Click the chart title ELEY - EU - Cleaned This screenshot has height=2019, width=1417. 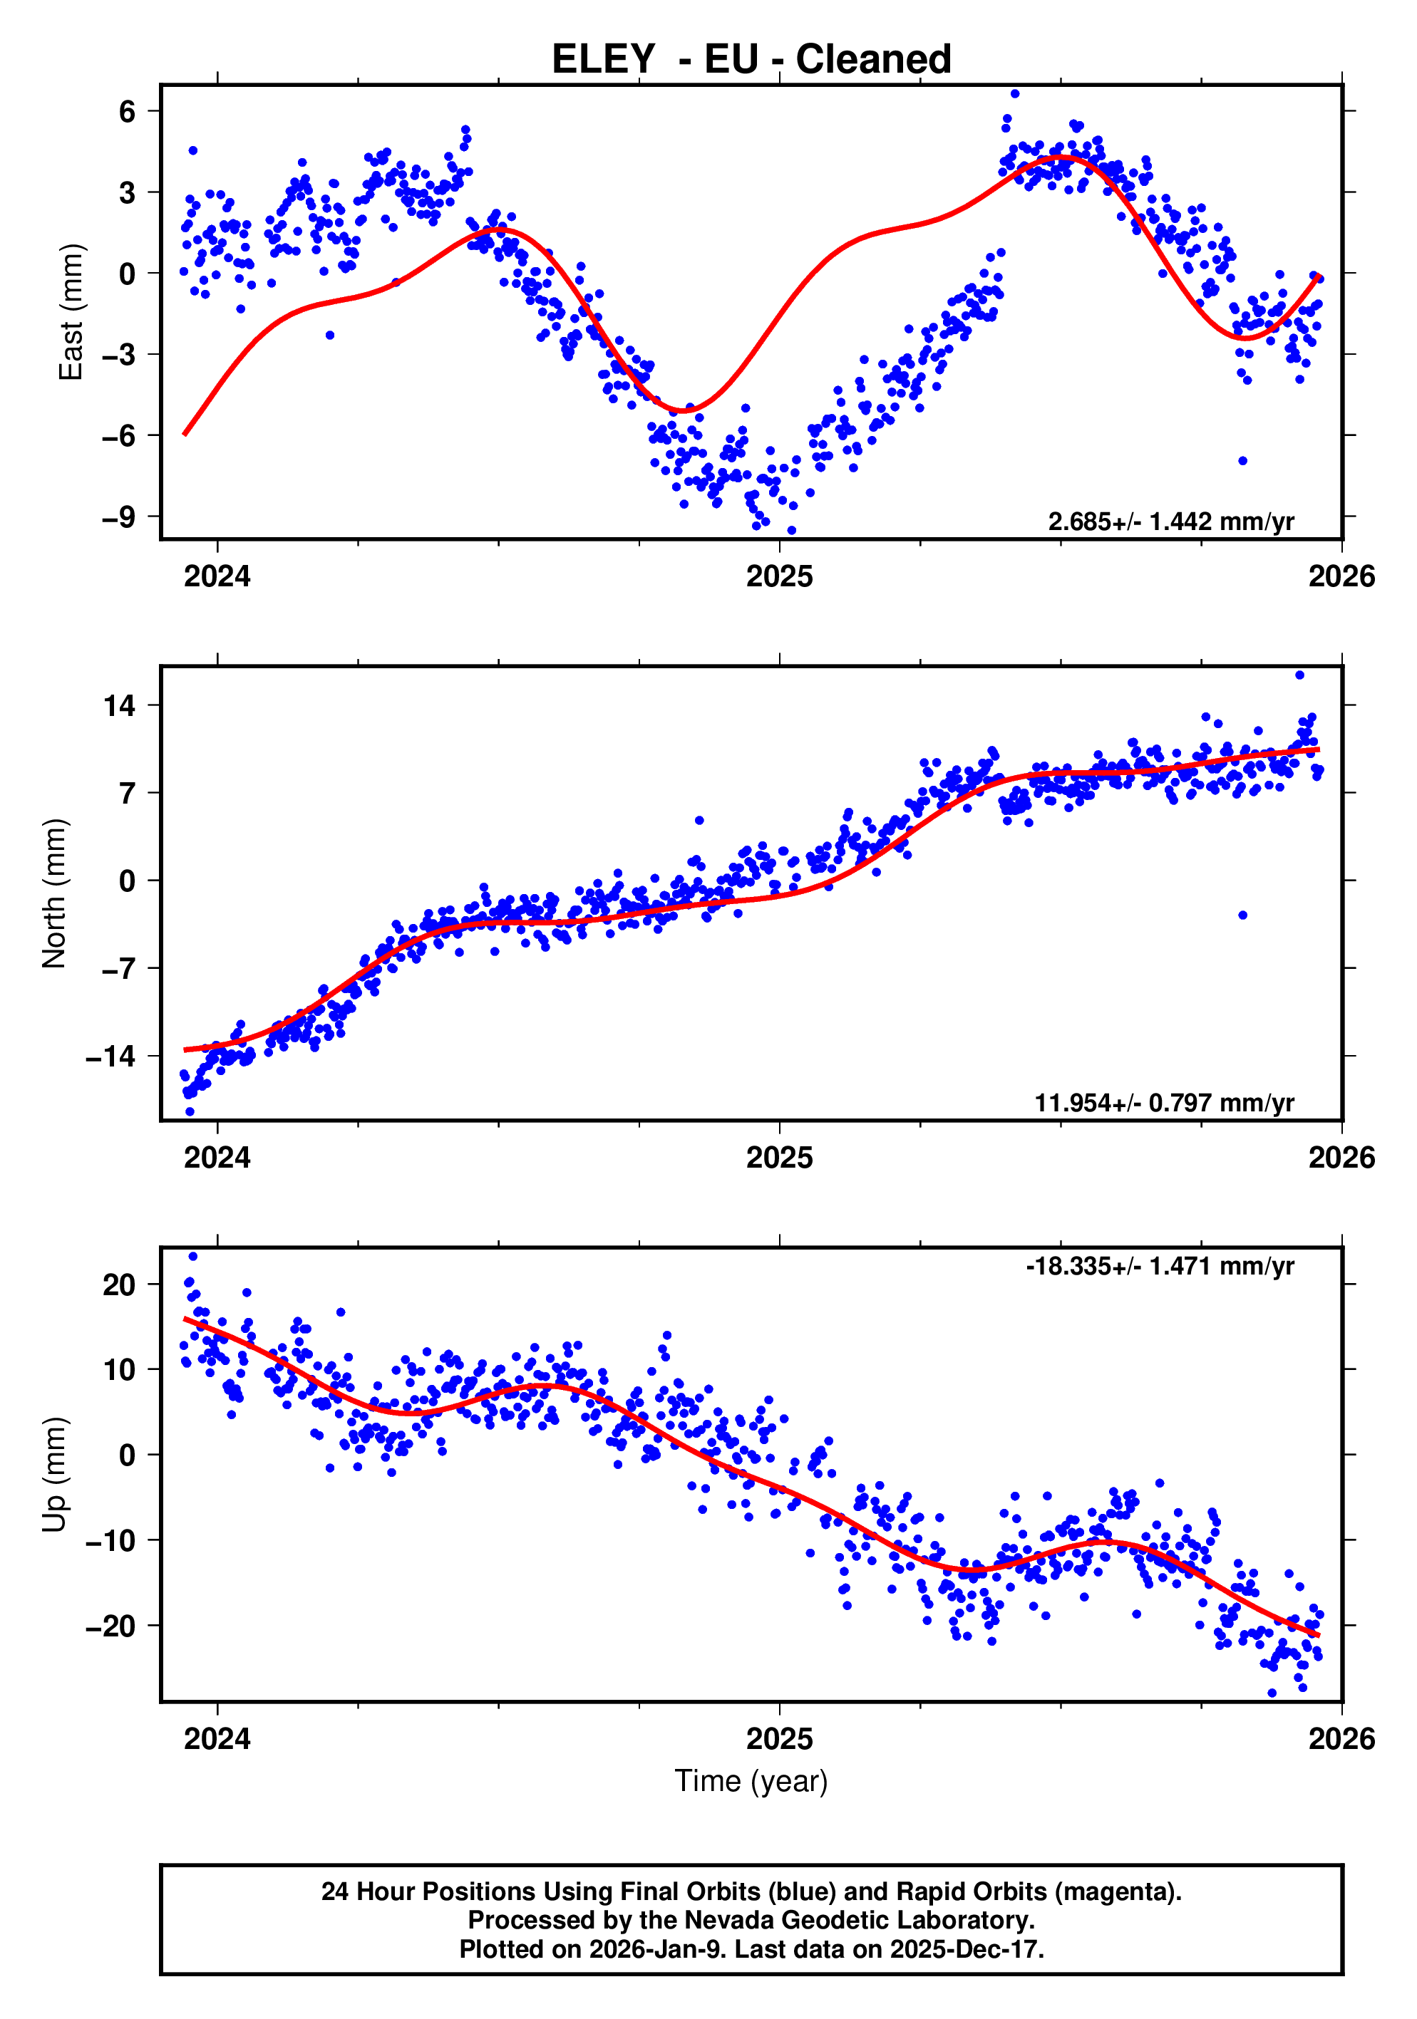751,60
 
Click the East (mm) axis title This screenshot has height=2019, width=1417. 71,312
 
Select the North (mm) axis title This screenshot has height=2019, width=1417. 55,893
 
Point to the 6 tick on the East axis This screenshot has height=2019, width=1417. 128,112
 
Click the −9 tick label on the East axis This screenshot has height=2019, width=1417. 119,517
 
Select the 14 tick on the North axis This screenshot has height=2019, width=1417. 120,705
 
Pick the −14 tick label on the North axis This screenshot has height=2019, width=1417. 110,1056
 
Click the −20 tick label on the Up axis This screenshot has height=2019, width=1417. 110,1626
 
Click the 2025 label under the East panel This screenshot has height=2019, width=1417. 779,577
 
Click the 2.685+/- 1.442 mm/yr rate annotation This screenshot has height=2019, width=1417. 1170,521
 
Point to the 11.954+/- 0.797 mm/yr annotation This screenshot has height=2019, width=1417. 1164,1103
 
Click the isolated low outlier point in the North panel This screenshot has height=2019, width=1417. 1242,915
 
